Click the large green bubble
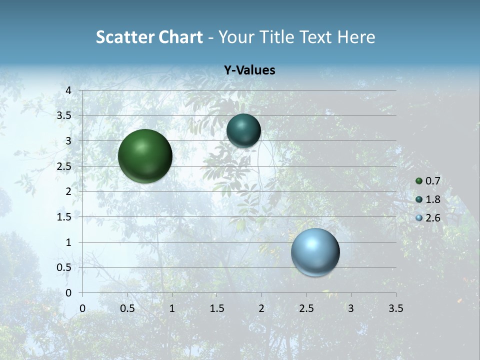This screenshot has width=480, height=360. pyautogui.click(x=145, y=156)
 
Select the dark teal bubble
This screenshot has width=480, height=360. pyautogui.click(x=243, y=131)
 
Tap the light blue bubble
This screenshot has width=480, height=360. pyautogui.click(x=315, y=252)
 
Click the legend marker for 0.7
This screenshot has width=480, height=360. pyautogui.click(x=419, y=181)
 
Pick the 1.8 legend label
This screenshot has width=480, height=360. pyautogui.click(x=433, y=199)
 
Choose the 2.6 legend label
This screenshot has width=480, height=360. pyautogui.click(x=433, y=218)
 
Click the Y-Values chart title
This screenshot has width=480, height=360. pyautogui.click(x=249, y=70)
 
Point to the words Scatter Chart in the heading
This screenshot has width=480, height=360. pyautogui.click(x=149, y=37)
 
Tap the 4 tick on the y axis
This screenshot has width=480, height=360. pyautogui.click(x=68, y=90)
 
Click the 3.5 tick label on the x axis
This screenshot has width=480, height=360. pyautogui.click(x=395, y=308)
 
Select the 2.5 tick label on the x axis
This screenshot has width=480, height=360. pyautogui.click(x=306, y=308)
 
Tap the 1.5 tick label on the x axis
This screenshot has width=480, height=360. pyautogui.click(x=216, y=308)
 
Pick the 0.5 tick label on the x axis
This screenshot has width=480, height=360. pyautogui.click(x=127, y=308)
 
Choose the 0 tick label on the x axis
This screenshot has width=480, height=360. pyautogui.click(x=82, y=308)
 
